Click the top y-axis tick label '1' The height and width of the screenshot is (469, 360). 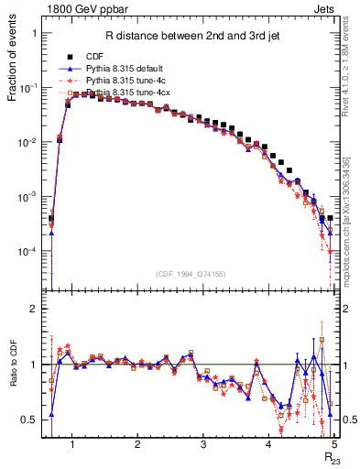(x=34, y=33)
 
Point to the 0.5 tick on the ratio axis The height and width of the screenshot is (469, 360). (x=30, y=420)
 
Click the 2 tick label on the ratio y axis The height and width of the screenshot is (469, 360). (x=34, y=310)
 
